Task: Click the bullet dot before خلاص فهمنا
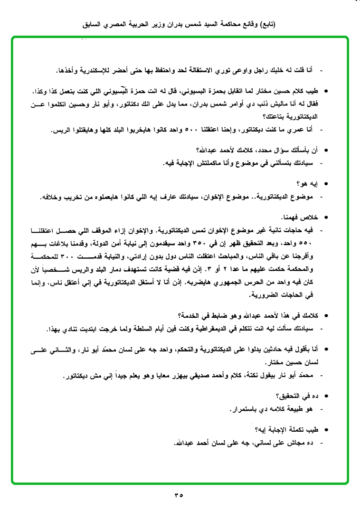[x=326, y=217]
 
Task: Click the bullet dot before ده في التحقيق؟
[x=326, y=395]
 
